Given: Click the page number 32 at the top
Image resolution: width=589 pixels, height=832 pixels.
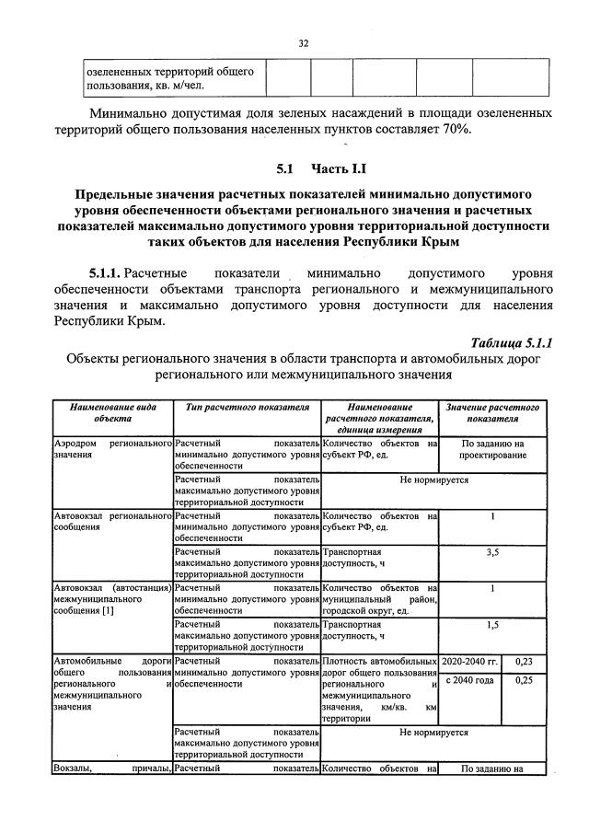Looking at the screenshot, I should [304, 42].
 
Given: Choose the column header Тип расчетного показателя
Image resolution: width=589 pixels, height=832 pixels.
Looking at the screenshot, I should [246, 407].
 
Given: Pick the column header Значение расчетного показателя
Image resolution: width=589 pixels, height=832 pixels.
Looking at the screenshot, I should [492, 412].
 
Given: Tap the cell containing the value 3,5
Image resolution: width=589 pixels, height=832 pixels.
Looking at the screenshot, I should [492, 552].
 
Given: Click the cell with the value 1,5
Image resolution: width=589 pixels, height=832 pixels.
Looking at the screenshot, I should [492, 624].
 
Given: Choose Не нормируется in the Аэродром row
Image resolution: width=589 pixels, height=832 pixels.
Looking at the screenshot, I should [433, 480].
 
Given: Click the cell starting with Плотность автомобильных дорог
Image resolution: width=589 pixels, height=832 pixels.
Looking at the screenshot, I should [379, 690].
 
